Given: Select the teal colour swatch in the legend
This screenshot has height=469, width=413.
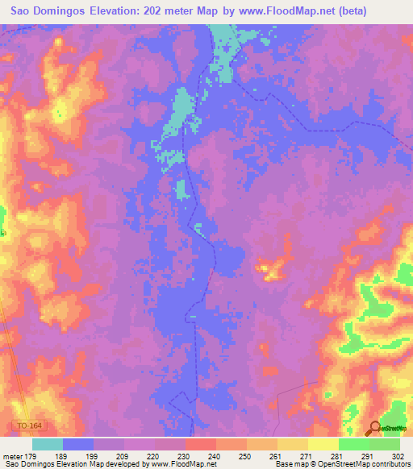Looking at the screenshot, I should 48,444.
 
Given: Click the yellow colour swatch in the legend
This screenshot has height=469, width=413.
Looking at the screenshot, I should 323,444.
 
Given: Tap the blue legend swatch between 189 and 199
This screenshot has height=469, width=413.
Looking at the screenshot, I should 78,444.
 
